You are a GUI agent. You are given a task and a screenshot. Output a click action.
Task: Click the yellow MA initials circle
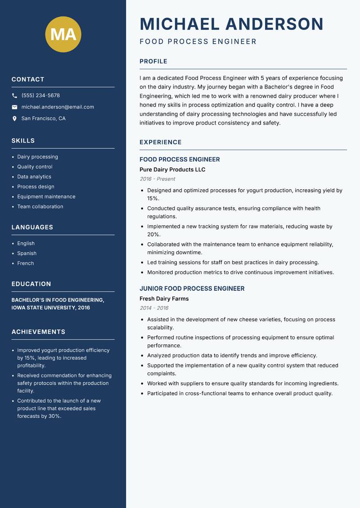click(x=63, y=34)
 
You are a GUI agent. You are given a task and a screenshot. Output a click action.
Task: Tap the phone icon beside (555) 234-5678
click(x=14, y=96)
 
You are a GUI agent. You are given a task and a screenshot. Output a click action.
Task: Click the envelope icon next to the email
click(x=14, y=107)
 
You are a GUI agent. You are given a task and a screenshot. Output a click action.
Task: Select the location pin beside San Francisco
click(x=14, y=119)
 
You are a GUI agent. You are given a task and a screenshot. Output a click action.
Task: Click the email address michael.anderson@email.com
click(x=58, y=107)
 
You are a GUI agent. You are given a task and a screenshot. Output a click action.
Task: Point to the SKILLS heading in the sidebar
click(x=23, y=141)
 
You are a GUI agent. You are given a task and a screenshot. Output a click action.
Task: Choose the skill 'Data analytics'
click(x=34, y=177)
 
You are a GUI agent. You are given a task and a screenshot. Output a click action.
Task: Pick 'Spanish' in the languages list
click(x=27, y=253)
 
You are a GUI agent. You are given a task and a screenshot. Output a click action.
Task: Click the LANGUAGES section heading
click(x=32, y=227)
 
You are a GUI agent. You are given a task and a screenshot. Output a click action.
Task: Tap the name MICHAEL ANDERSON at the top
click(x=232, y=24)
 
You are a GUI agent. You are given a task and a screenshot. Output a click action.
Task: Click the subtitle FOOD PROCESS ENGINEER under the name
click(x=198, y=42)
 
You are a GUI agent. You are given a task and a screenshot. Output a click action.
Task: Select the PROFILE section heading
click(x=153, y=62)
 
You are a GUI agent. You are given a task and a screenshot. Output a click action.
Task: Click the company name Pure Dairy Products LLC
click(x=172, y=169)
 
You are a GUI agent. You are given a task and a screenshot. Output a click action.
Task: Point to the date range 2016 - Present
click(x=157, y=179)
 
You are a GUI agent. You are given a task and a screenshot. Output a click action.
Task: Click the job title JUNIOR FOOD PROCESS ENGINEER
click(x=192, y=289)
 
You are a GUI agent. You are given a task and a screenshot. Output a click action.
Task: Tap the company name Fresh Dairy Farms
click(x=164, y=299)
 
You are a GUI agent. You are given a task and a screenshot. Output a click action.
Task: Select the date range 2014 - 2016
click(x=154, y=308)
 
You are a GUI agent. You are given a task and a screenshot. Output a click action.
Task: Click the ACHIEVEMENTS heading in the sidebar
click(x=38, y=332)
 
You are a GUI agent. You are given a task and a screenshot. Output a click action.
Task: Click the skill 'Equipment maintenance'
click(x=46, y=196)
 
